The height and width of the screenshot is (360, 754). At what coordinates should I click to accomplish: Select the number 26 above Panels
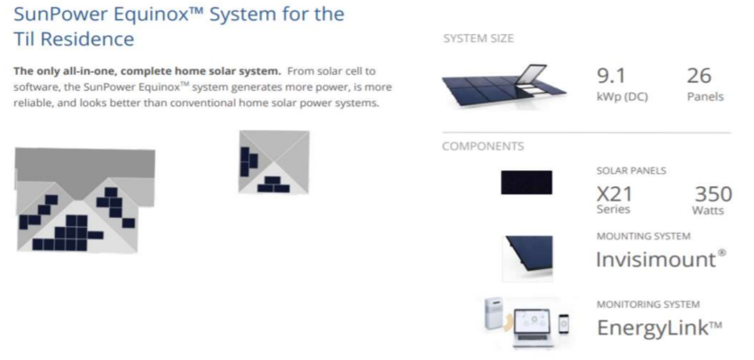(x=699, y=76)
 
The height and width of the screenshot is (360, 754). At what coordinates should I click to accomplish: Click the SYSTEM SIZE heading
(x=479, y=39)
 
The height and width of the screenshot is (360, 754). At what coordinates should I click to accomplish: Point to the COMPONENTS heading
(x=483, y=147)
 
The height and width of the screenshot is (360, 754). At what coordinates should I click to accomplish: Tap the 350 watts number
(x=714, y=194)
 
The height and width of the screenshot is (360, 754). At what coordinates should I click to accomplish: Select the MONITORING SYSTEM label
(x=648, y=305)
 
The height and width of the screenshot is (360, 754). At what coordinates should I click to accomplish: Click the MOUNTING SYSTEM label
(x=643, y=237)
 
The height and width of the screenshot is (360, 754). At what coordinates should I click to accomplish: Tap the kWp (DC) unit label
(x=623, y=96)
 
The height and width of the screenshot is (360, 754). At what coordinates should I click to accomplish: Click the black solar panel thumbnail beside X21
(x=526, y=183)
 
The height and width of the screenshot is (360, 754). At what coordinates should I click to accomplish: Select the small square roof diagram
(x=274, y=162)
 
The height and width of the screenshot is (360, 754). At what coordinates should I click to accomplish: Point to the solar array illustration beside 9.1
(x=504, y=86)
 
